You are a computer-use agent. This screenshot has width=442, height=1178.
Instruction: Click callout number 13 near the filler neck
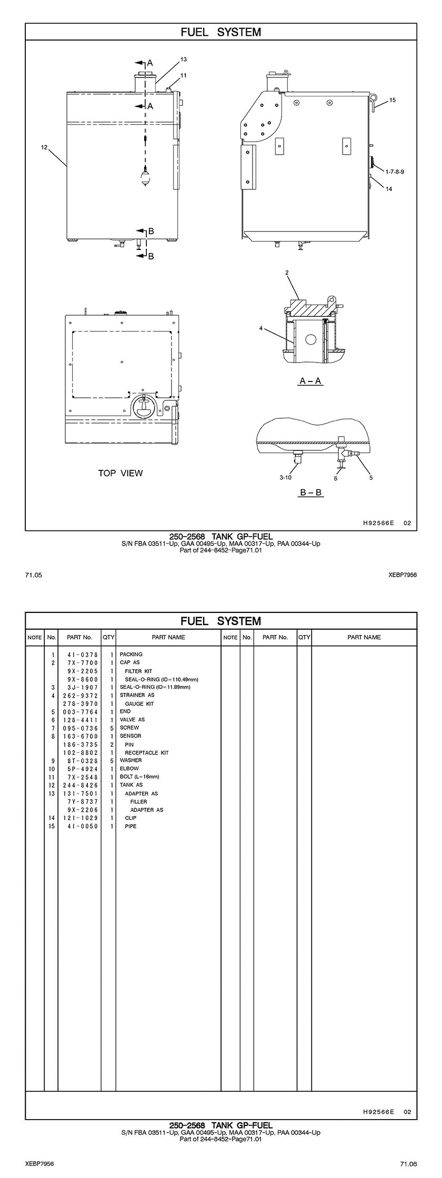(184, 59)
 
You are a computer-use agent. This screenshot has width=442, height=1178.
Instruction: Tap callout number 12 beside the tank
(44, 147)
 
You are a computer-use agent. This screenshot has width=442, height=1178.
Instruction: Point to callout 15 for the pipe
(393, 100)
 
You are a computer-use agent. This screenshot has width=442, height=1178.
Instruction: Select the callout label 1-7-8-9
(395, 172)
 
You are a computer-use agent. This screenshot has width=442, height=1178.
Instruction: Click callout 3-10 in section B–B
(285, 477)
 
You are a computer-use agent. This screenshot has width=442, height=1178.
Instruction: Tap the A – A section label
(310, 380)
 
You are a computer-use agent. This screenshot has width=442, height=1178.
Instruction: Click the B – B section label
(310, 492)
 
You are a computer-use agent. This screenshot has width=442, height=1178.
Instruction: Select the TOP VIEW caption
(120, 473)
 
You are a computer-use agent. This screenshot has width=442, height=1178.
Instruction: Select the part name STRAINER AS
(137, 695)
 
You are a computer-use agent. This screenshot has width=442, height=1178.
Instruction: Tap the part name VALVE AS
(132, 719)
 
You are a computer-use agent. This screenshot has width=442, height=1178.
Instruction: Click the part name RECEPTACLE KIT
(146, 752)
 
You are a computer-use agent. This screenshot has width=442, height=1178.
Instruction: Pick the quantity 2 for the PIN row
(112, 744)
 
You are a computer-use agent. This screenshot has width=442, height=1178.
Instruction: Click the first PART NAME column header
(168, 637)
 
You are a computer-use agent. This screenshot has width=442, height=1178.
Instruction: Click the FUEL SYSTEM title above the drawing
(221, 32)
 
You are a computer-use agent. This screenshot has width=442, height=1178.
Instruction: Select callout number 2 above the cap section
(287, 273)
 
